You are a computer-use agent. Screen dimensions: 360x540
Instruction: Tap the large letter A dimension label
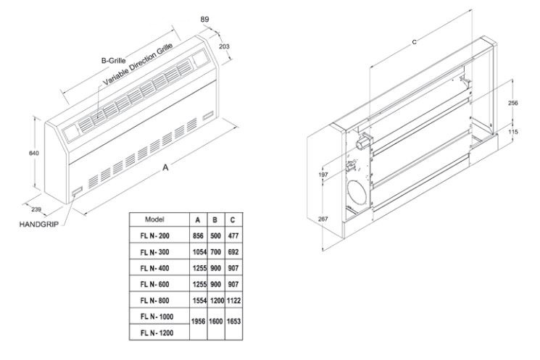(x=165, y=168)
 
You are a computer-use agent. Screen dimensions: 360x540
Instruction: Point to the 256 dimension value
(x=512, y=104)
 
